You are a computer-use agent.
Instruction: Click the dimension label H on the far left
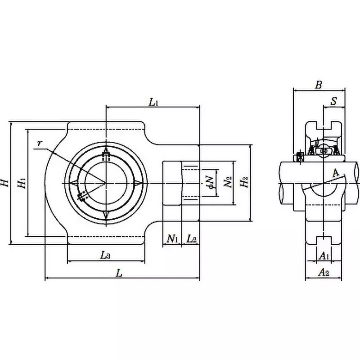coord(5,183)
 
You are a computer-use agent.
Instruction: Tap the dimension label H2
coord(244,183)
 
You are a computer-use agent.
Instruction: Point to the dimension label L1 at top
coord(153,102)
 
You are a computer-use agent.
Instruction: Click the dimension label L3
coord(105,255)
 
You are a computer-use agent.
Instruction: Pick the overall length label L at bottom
coord(119,272)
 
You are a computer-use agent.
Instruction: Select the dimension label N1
coord(172,238)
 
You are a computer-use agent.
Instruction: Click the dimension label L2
coord(191,238)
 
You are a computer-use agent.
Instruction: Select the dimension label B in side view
coord(319,85)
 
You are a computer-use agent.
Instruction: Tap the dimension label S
coord(333,101)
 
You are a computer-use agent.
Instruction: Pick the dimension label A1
coord(323,256)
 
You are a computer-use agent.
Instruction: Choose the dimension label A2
coord(323,271)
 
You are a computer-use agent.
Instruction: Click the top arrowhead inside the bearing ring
coord(106,150)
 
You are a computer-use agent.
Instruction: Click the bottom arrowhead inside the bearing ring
coord(106,215)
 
